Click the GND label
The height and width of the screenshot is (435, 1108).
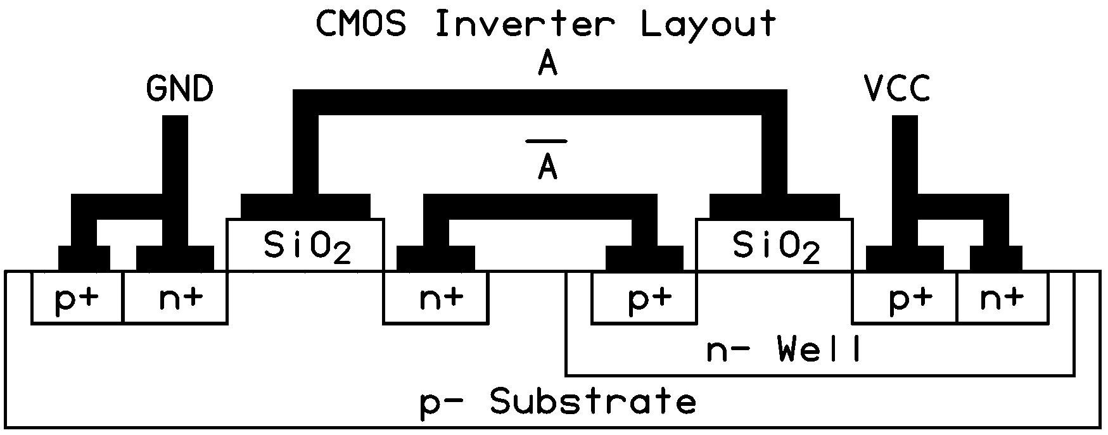pos(180,89)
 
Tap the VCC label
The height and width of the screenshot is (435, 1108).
pos(897,89)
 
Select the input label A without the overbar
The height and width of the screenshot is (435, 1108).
pos(547,64)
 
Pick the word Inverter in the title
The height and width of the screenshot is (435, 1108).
pos(525,24)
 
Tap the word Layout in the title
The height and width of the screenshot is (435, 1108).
pos(708,24)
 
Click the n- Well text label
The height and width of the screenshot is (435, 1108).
pos(784,350)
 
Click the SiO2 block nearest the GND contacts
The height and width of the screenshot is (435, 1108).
pos(305,246)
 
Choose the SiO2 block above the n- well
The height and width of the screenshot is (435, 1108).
pos(774,246)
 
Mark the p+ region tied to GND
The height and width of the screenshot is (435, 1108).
pos(77,298)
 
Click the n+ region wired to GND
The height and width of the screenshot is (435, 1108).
pos(175,298)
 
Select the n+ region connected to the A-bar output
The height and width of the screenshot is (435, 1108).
pos(436,298)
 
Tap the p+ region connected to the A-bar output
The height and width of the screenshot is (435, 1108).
pos(644,298)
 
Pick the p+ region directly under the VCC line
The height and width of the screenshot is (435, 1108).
pos(905,298)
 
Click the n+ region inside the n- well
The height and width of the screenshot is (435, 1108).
pos(1002,298)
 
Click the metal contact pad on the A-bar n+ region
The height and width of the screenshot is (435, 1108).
pos(435,258)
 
